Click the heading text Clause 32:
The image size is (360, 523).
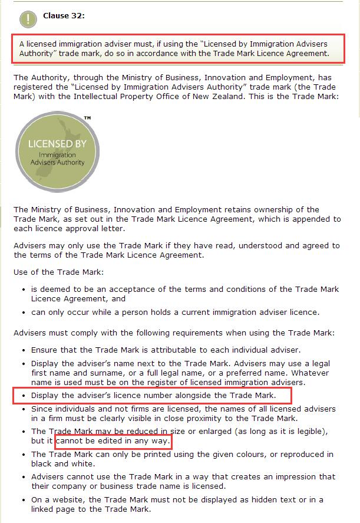click(x=64, y=16)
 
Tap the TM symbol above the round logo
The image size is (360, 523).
click(x=87, y=119)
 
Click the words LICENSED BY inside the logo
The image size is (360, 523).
click(x=54, y=144)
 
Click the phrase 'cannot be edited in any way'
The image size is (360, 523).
click(x=113, y=441)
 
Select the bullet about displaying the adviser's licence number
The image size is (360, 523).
click(x=153, y=394)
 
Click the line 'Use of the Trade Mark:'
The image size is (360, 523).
click(x=58, y=272)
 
